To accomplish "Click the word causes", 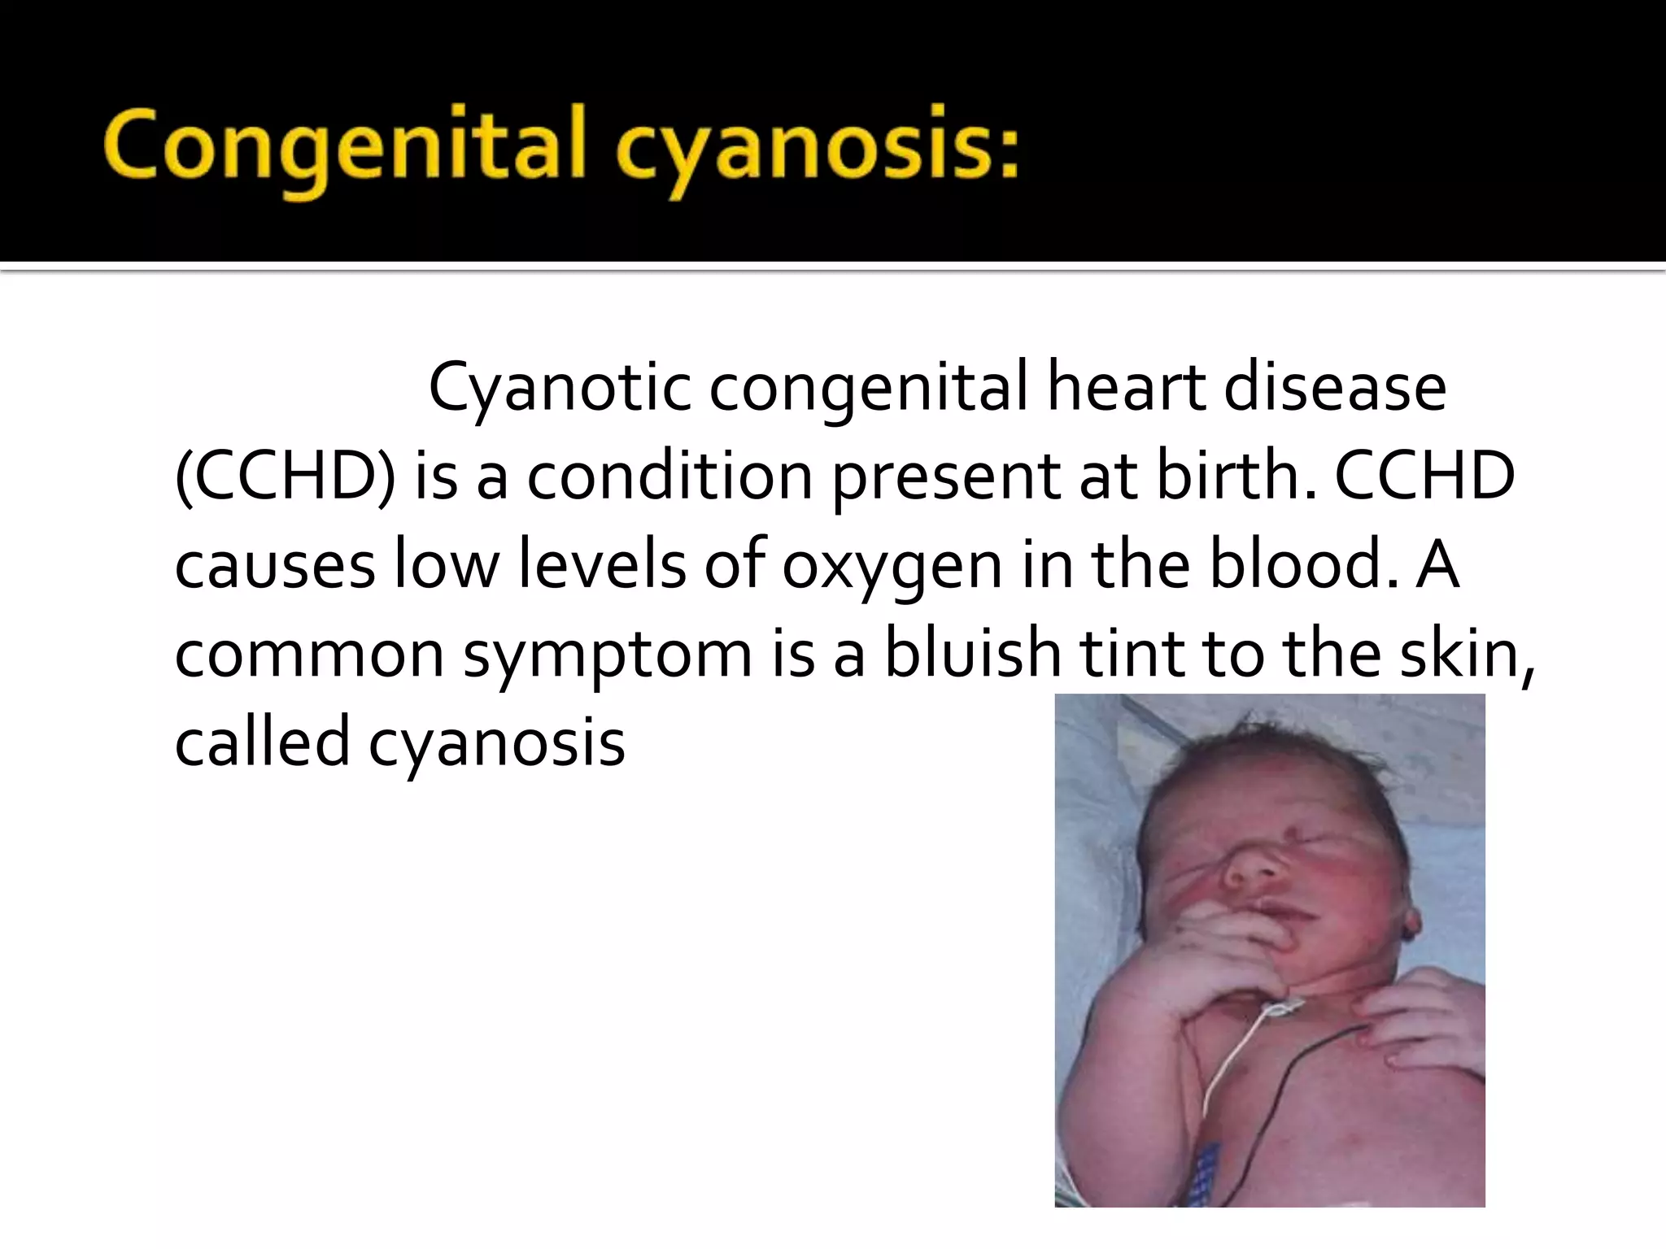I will [275, 566].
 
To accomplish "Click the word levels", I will [601, 566].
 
